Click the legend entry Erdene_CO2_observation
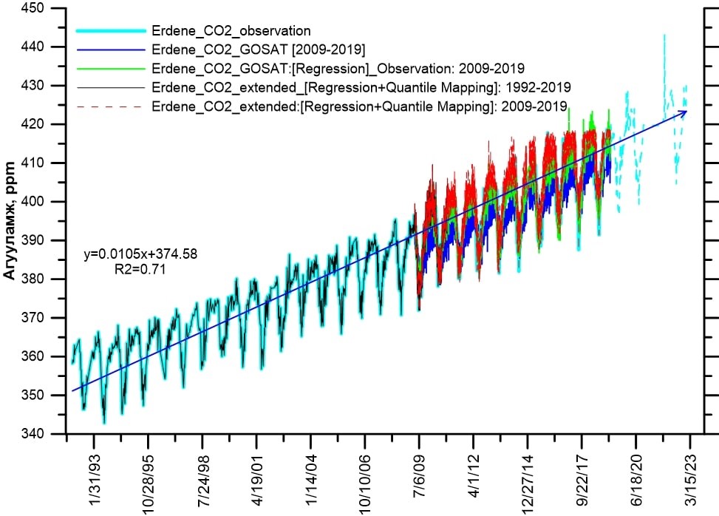[x=230, y=31]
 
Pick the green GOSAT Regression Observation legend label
[x=337, y=69]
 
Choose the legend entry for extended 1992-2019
[x=360, y=88]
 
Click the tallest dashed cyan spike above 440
[x=664, y=35]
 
